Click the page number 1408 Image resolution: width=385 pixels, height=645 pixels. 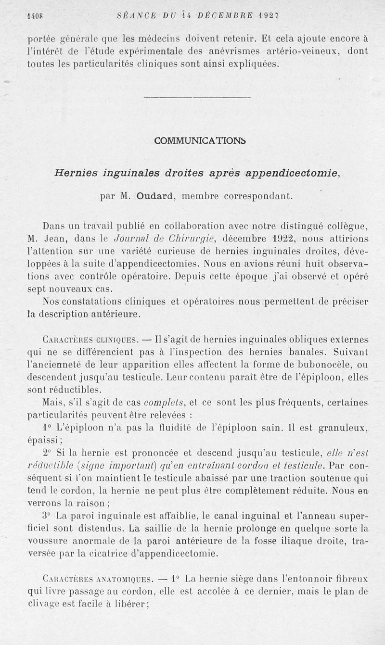coord(34,15)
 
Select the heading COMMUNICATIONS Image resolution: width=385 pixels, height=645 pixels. coord(200,140)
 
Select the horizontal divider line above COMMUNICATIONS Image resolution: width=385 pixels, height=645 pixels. coord(197,98)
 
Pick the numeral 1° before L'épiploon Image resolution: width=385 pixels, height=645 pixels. coord(47,427)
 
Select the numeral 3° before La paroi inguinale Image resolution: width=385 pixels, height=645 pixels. coord(47,516)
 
